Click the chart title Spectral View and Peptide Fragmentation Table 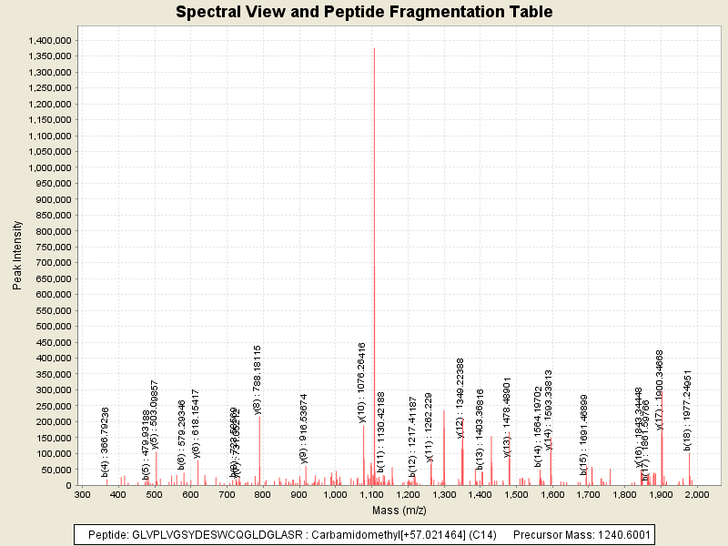click(x=364, y=13)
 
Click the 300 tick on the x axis click(x=82, y=495)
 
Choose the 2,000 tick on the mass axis click(x=697, y=495)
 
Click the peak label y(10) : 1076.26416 click(x=362, y=382)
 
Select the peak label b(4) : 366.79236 click(x=106, y=441)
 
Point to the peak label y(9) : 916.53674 click(x=304, y=428)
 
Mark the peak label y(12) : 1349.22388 click(x=460, y=398)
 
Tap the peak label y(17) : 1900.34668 click(x=660, y=389)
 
